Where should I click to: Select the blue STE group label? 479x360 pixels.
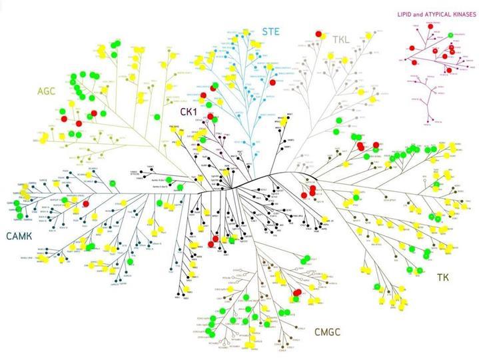pyautogui.click(x=271, y=31)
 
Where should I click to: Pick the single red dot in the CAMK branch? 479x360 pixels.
pyautogui.click(x=85, y=203)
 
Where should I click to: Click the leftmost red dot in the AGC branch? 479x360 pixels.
pyautogui.click(x=65, y=119)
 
